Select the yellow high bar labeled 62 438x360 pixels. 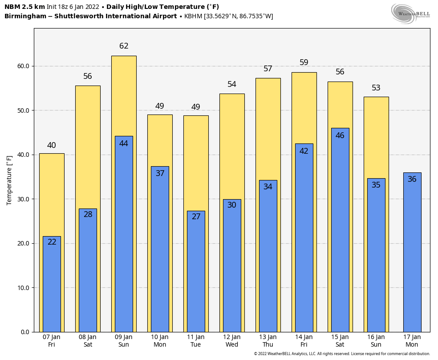click(x=124, y=94)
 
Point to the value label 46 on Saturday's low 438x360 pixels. click(x=340, y=135)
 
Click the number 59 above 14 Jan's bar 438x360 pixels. click(x=304, y=63)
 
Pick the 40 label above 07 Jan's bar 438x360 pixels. click(x=52, y=145)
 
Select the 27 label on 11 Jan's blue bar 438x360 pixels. click(x=196, y=217)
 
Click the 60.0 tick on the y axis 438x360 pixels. click(x=23, y=66)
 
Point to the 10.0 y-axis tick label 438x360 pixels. click(x=23, y=288)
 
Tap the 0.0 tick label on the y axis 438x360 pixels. click(x=24, y=332)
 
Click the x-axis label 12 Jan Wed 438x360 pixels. click(x=232, y=341)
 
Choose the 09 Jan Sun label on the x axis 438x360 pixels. click(x=124, y=341)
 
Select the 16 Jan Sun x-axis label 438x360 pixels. click(x=376, y=341)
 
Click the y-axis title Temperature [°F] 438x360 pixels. click(x=9, y=180)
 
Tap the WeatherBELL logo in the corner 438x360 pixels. click(x=410, y=13)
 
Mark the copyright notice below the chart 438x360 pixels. click(x=342, y=354)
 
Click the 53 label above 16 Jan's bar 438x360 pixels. click(x=376, y=88)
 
